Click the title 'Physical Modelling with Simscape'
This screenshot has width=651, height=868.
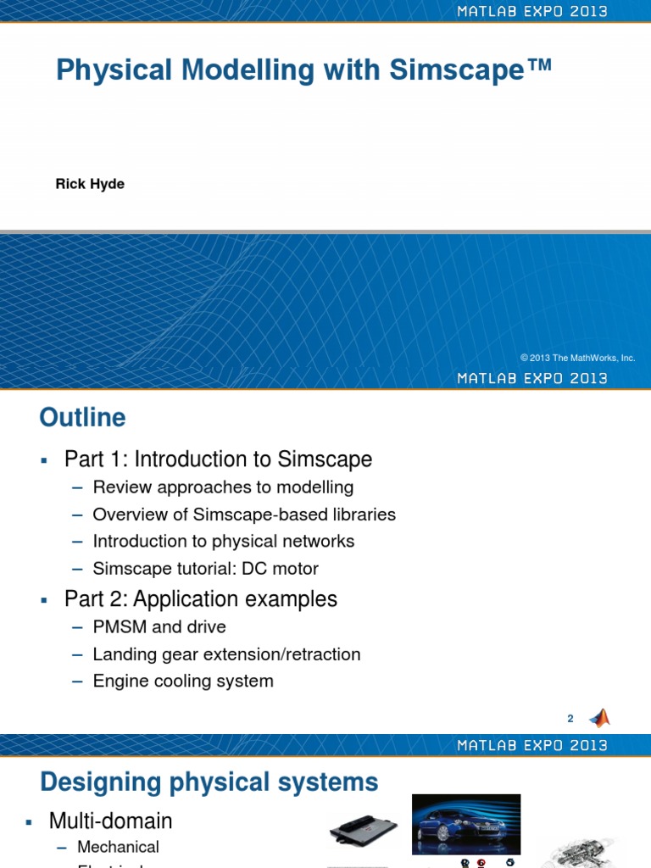coord(303,70)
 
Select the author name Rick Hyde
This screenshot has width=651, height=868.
coord(90,184)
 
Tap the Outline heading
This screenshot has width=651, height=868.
coord(82,417)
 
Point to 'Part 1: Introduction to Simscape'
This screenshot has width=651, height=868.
coord(218,459)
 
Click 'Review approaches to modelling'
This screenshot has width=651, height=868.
coord(223,487)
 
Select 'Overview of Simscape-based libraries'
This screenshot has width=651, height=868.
coord(244,515)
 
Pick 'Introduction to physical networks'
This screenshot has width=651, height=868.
coord(224,541)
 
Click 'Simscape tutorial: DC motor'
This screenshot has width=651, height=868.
coord(206,568)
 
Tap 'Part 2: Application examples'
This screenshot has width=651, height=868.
coord(201,598)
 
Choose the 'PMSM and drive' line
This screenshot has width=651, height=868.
coord(159,626)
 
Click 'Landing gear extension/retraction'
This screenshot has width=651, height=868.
coord(226,654)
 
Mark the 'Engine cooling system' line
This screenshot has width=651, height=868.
coord(183,681)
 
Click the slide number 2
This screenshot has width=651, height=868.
coord(570,719)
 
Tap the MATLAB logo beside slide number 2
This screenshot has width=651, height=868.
coord(599,718)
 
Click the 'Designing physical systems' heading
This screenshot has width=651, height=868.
coord(209,781)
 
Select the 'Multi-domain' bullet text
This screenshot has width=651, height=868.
coord(110,821)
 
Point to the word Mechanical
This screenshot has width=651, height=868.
coord(118,847)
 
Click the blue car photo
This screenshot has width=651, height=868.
coord(466,824)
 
